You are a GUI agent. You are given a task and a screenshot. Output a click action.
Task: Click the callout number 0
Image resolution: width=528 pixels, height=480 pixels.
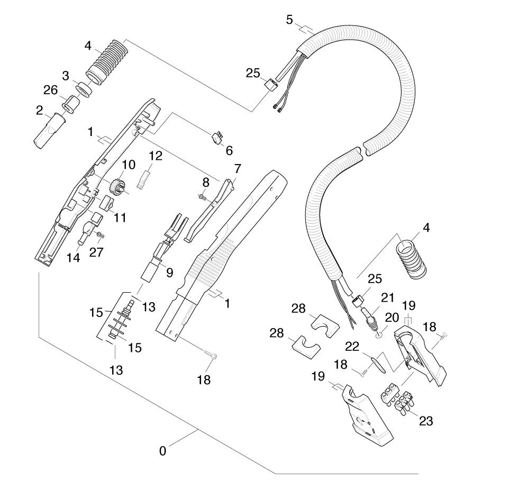click(162, 451)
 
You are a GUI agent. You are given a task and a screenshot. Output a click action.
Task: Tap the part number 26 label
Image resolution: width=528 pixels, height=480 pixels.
click(51, 90)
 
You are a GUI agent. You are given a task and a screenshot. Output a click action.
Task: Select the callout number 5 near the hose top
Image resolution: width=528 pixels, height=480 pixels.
click(289, 20)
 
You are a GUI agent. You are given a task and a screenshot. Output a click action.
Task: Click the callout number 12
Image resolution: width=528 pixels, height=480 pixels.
click(155, 156)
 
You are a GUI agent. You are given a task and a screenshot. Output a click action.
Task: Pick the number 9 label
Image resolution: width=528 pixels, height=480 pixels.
click(169, 273)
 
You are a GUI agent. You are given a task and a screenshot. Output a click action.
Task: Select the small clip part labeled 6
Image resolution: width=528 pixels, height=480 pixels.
click(216, 138)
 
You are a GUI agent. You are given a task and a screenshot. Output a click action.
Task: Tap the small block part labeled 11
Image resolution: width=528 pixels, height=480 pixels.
click(107, 202)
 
